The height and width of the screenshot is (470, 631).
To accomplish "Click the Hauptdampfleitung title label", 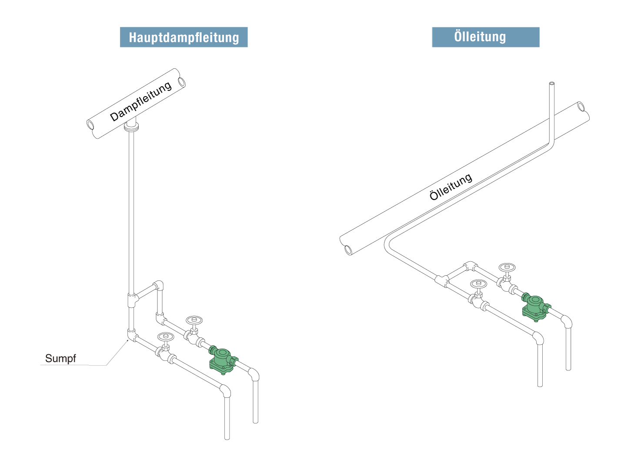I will pos(184,37).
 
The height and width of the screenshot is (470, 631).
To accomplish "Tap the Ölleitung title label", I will pos(485,37).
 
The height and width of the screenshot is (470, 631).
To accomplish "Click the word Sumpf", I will pos(60,359).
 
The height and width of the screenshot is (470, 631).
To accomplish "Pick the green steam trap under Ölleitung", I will pos(536,307).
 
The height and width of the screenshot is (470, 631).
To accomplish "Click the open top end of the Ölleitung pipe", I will pos(552,83).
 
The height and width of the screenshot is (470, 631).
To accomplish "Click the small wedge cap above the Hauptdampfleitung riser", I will pos(131,122).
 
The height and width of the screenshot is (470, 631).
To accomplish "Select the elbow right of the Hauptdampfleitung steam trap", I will pos(254,374).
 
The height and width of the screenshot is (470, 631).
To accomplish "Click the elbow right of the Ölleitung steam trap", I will pos(566,321).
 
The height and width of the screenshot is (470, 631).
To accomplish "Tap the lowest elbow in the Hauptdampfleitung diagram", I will pos(225,390).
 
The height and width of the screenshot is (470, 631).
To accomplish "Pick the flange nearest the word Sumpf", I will pos(159,351).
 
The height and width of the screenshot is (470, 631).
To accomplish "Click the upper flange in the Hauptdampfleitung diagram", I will pos(187,335).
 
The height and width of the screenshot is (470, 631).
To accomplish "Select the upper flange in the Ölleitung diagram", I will pos(500,282).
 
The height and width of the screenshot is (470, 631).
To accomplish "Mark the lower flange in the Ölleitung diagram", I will pos(471,298).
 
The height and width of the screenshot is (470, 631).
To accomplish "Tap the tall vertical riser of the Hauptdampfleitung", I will pos(131,213).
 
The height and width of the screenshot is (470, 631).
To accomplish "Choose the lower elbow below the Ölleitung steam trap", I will pos(538,338).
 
